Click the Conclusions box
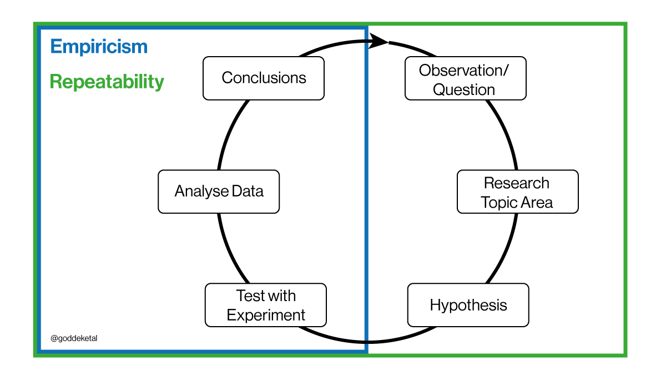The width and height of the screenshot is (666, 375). [x=264, y=78]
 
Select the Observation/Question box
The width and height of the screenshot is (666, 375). [x=465, y=78]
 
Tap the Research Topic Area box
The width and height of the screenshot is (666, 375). [x=518, y=192]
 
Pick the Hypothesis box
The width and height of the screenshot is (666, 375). [x=468, y=305]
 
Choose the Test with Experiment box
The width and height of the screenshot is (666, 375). [x=265, y=305]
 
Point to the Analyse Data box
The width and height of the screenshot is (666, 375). [x=219, y=192]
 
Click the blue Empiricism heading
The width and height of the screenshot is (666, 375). [x=99, y=47]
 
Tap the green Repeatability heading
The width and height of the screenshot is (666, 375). [x=107, y=82]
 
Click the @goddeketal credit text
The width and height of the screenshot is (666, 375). [x=74, y=338]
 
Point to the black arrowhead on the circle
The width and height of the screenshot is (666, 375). [x=379, y=41]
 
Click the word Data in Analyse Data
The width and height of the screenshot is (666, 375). [x=248, y=191]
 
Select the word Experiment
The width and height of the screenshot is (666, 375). [x=266, y=315]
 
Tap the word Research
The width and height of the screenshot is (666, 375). [x=517, y=183]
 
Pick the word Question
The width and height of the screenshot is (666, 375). [x=464, y=89]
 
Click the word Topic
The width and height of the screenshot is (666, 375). [x=498, y=203]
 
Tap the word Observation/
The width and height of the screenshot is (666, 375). [x=464, y=71]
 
